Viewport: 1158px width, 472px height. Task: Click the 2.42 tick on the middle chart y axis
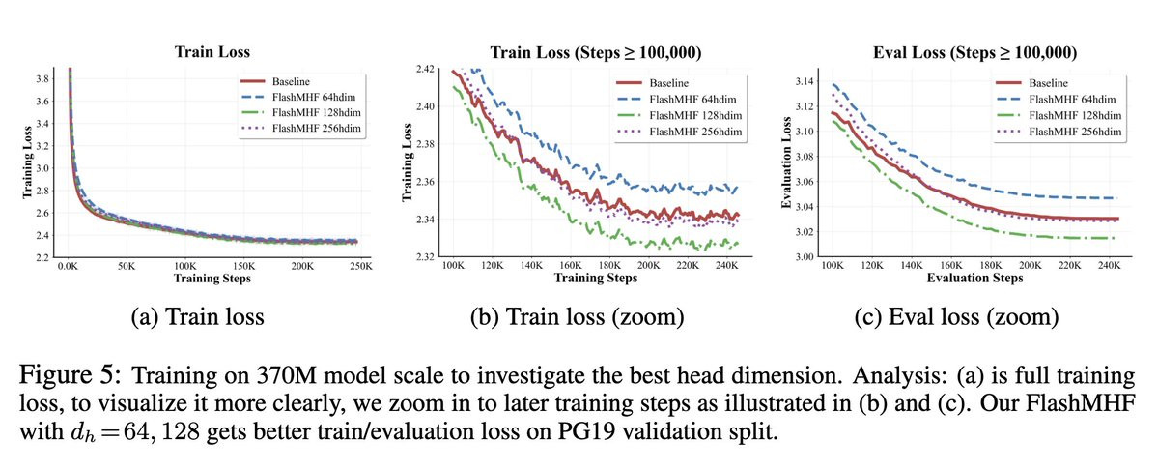[427, 70]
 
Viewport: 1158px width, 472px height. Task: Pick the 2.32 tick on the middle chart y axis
[427, 257]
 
